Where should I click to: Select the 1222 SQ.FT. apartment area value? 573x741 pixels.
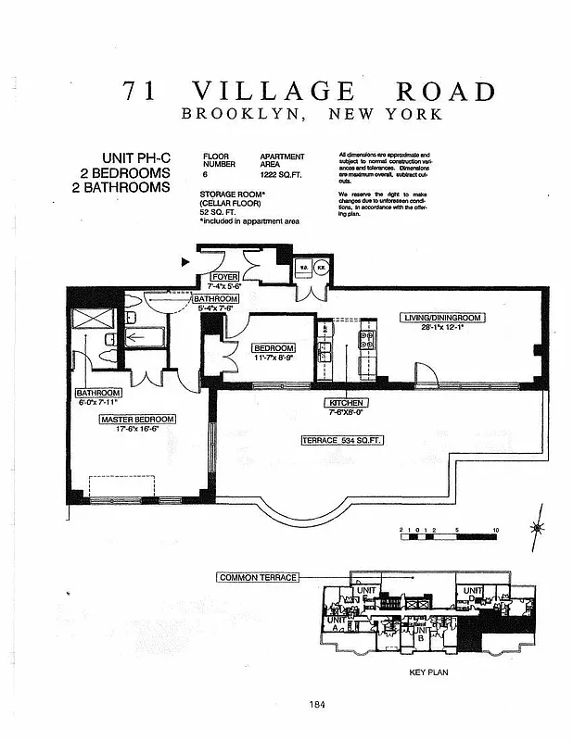(282, 173)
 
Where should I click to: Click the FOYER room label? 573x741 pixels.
(225, 277)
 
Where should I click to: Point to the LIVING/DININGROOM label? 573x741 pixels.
(443, 318)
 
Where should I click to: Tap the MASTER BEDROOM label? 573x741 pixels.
(137, 419)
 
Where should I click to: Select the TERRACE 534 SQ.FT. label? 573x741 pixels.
(341, 441)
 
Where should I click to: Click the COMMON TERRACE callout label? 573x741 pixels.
(258, 577)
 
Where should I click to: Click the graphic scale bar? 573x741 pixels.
(450, 536)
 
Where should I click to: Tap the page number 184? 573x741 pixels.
(318, 704)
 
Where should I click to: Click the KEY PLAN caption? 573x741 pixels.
(427, 672)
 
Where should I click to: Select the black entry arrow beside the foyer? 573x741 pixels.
(185, 262)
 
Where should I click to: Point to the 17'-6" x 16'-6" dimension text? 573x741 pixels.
(137, 429)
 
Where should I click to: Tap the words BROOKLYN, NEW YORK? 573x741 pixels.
(312, 115)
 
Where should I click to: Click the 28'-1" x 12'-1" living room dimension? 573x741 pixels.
(443, 328)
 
